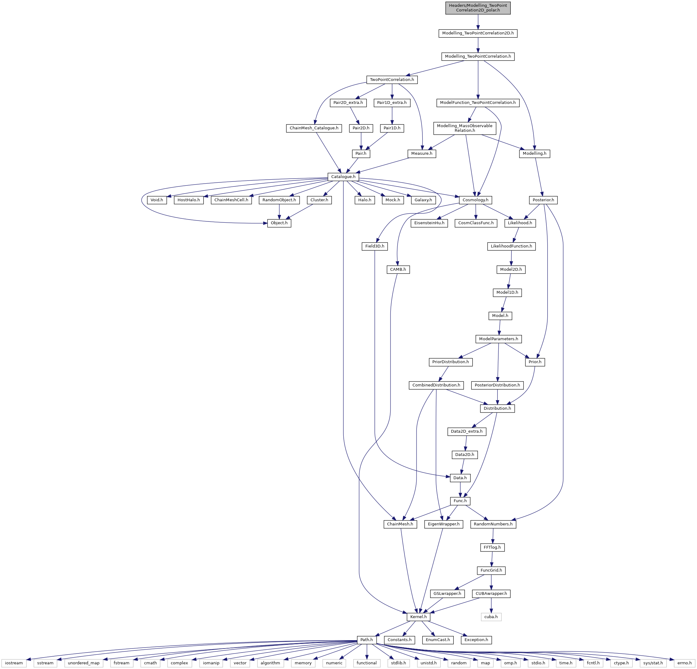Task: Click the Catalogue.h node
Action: coord(343,176)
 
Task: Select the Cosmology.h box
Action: coord(475,200)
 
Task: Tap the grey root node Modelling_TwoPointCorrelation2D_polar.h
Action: coord(478,8)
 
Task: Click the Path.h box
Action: coord(367,640)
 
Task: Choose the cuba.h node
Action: coord(491,616)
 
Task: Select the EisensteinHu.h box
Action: coord(429,223)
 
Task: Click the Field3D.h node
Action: coord(375,246)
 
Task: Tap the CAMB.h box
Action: coord(398,270)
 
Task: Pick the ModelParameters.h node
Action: coord(499,339)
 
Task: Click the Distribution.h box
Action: coord(497,408)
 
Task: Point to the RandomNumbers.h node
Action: coord(493,524)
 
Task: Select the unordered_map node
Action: coord(84,663)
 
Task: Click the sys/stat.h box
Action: coord(653,663)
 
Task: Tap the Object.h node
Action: coord(279,223)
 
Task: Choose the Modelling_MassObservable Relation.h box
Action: coord(465,128)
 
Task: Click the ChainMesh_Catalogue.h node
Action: coord(314,128)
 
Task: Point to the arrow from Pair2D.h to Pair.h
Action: coord(361,141)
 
